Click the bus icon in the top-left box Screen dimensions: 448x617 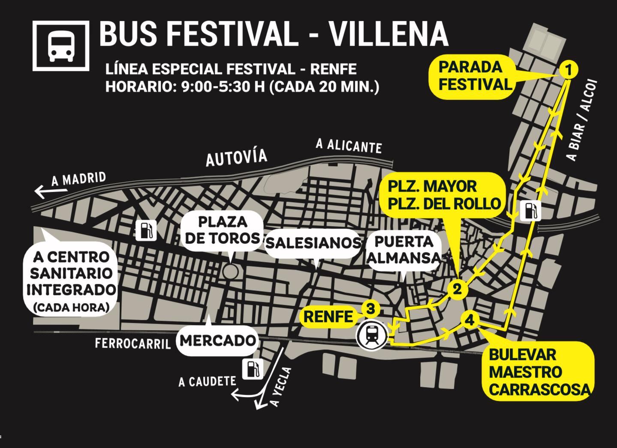point(61,46)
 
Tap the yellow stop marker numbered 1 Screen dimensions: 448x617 point(569,69)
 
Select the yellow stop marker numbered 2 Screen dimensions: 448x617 point(457,289)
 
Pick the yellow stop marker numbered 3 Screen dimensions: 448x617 point(371,308)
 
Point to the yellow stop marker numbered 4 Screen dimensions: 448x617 point(470,320)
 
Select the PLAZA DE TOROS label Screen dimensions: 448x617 point(223,230)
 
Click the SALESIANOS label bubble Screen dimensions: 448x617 point(313,243)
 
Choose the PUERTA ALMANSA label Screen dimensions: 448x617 point(403,250)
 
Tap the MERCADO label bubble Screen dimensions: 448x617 point(217,340)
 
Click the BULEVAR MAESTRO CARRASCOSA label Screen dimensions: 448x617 point(539,372)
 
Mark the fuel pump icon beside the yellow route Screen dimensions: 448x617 point(530,211)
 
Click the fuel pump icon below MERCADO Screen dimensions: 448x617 point(253,369)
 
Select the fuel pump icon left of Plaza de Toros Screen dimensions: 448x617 point(146,230)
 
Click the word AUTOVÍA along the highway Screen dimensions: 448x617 point(236,158)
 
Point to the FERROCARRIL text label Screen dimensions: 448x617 point(132,343)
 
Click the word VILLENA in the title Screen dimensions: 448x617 point(388,33)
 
